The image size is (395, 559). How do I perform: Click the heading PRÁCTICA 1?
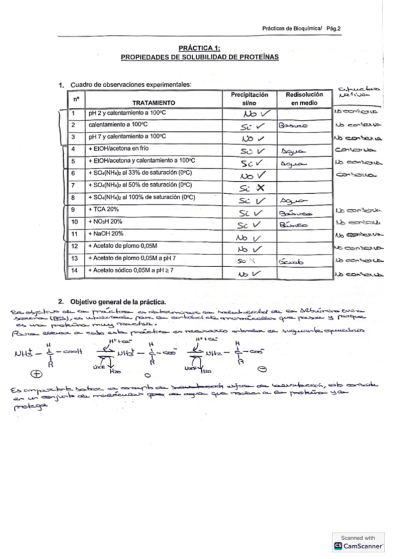pos(200,48)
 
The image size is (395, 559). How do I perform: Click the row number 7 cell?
pos(76,185)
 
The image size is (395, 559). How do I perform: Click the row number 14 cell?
pos(76,270)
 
